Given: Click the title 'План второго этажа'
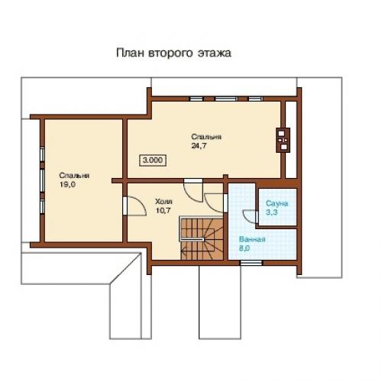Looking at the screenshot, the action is coord(173,53).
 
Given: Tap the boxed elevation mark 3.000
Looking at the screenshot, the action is coord(153,160).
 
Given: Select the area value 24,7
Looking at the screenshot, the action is coord(199,146).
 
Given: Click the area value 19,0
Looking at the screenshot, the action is coord(67,184).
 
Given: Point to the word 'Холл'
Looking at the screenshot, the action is coord(163,202).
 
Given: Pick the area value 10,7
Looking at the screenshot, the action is coord(163,211).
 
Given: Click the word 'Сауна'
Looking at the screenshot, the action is coord(277,203).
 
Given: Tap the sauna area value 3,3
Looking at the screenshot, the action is coord(272,212).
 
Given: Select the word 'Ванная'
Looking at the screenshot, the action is coord(252,239).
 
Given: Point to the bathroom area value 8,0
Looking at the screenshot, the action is coord(244,248).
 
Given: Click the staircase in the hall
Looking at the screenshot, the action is coord(201,238).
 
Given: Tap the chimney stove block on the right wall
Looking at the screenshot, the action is coord(283,140).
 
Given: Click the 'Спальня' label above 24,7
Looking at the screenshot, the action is coord(206,137).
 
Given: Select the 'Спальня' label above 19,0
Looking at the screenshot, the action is coord(74,176).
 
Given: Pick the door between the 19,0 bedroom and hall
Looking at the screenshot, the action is coord(134,206).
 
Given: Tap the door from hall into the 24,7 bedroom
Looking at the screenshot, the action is coord(193,190).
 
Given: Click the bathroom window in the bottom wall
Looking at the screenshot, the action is coord(251,263).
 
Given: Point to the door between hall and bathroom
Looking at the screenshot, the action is coord(215,203).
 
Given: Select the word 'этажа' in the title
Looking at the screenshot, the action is coord(215,53).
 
